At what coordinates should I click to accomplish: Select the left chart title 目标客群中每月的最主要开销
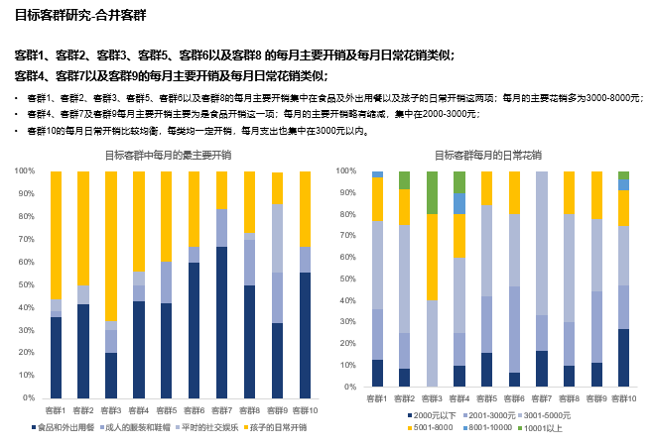pos(168,156)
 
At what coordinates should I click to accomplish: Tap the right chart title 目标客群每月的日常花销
pos(487,156)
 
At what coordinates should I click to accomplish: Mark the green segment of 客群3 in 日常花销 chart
pos(432,192)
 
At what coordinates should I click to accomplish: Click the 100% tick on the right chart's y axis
pos(347,170)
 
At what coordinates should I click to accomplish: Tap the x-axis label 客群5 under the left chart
pos(167,409)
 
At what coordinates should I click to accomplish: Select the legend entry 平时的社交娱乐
pos(209,427)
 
